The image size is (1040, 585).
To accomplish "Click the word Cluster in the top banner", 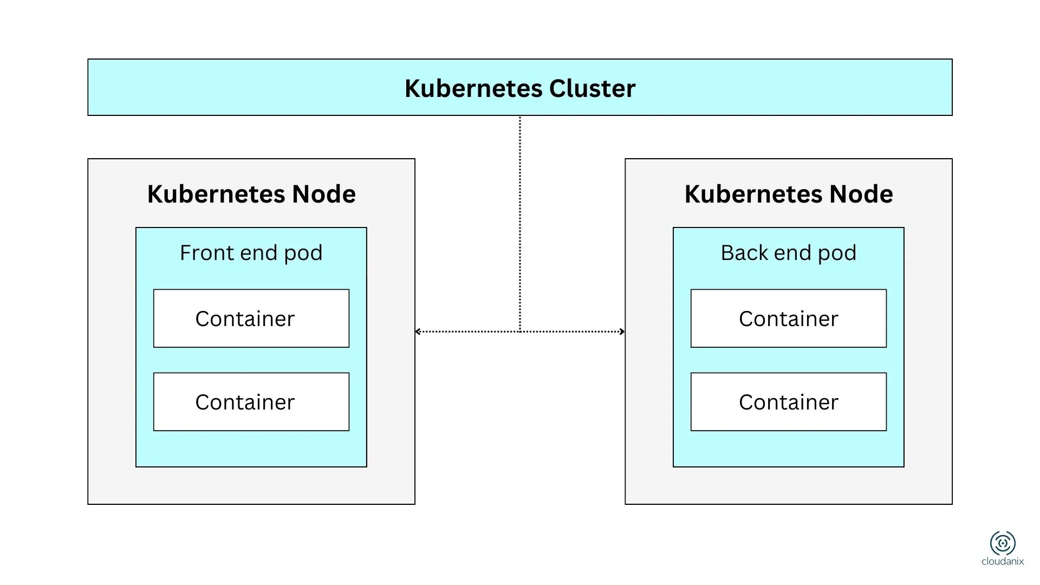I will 592,88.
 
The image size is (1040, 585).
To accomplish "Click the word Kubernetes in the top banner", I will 473,88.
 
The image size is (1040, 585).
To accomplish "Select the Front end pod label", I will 251,253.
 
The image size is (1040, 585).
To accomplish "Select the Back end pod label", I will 788,253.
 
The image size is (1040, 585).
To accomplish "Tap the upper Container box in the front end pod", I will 251,318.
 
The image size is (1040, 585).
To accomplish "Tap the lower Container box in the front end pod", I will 251,402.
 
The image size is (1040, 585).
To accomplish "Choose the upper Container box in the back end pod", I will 788,318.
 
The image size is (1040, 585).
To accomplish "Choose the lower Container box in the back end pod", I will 788,402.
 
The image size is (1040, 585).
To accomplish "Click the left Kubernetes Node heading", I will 251,194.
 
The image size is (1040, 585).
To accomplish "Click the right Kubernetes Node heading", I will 788,194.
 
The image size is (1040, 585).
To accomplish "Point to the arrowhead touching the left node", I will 418,331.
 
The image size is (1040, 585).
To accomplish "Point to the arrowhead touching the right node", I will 622,331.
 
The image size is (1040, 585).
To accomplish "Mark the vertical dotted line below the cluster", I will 520,217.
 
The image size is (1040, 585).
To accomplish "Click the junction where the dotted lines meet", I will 520,331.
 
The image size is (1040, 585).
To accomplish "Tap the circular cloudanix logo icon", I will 1003,543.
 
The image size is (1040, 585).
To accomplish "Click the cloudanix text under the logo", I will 1003,562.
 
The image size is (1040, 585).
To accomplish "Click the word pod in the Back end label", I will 837,253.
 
